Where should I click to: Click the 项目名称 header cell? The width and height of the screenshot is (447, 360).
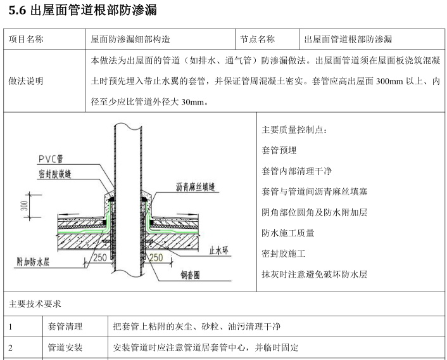point(26,39)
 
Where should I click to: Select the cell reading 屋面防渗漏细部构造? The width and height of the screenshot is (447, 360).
point(130,39)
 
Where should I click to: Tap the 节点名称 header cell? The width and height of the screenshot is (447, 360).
point(258,39)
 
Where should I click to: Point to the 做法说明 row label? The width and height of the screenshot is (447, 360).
point(26,81)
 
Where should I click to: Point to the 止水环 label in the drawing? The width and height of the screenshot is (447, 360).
point(218,251)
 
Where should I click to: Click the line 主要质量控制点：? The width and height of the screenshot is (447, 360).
point(294,130)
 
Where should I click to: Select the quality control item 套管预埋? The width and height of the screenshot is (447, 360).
point(279,151)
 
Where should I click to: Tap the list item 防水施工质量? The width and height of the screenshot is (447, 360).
point(287,233)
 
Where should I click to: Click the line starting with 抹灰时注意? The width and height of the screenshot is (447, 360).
point(314,274)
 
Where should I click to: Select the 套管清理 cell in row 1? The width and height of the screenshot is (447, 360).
point(65,327)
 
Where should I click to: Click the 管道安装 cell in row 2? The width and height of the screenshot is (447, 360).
point(65,348)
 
